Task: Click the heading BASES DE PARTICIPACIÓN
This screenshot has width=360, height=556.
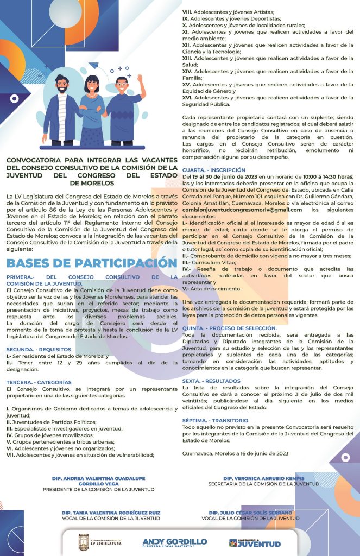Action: (91, 263)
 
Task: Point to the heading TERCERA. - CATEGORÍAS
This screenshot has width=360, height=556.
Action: (39, 382)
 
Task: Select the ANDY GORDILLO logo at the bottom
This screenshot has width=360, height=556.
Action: (174, 542)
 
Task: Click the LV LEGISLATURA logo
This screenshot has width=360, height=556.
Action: (100, 542)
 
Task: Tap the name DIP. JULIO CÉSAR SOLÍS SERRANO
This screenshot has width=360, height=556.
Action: (250, 513)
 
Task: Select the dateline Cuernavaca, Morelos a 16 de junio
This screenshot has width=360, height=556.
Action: (235, 453)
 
